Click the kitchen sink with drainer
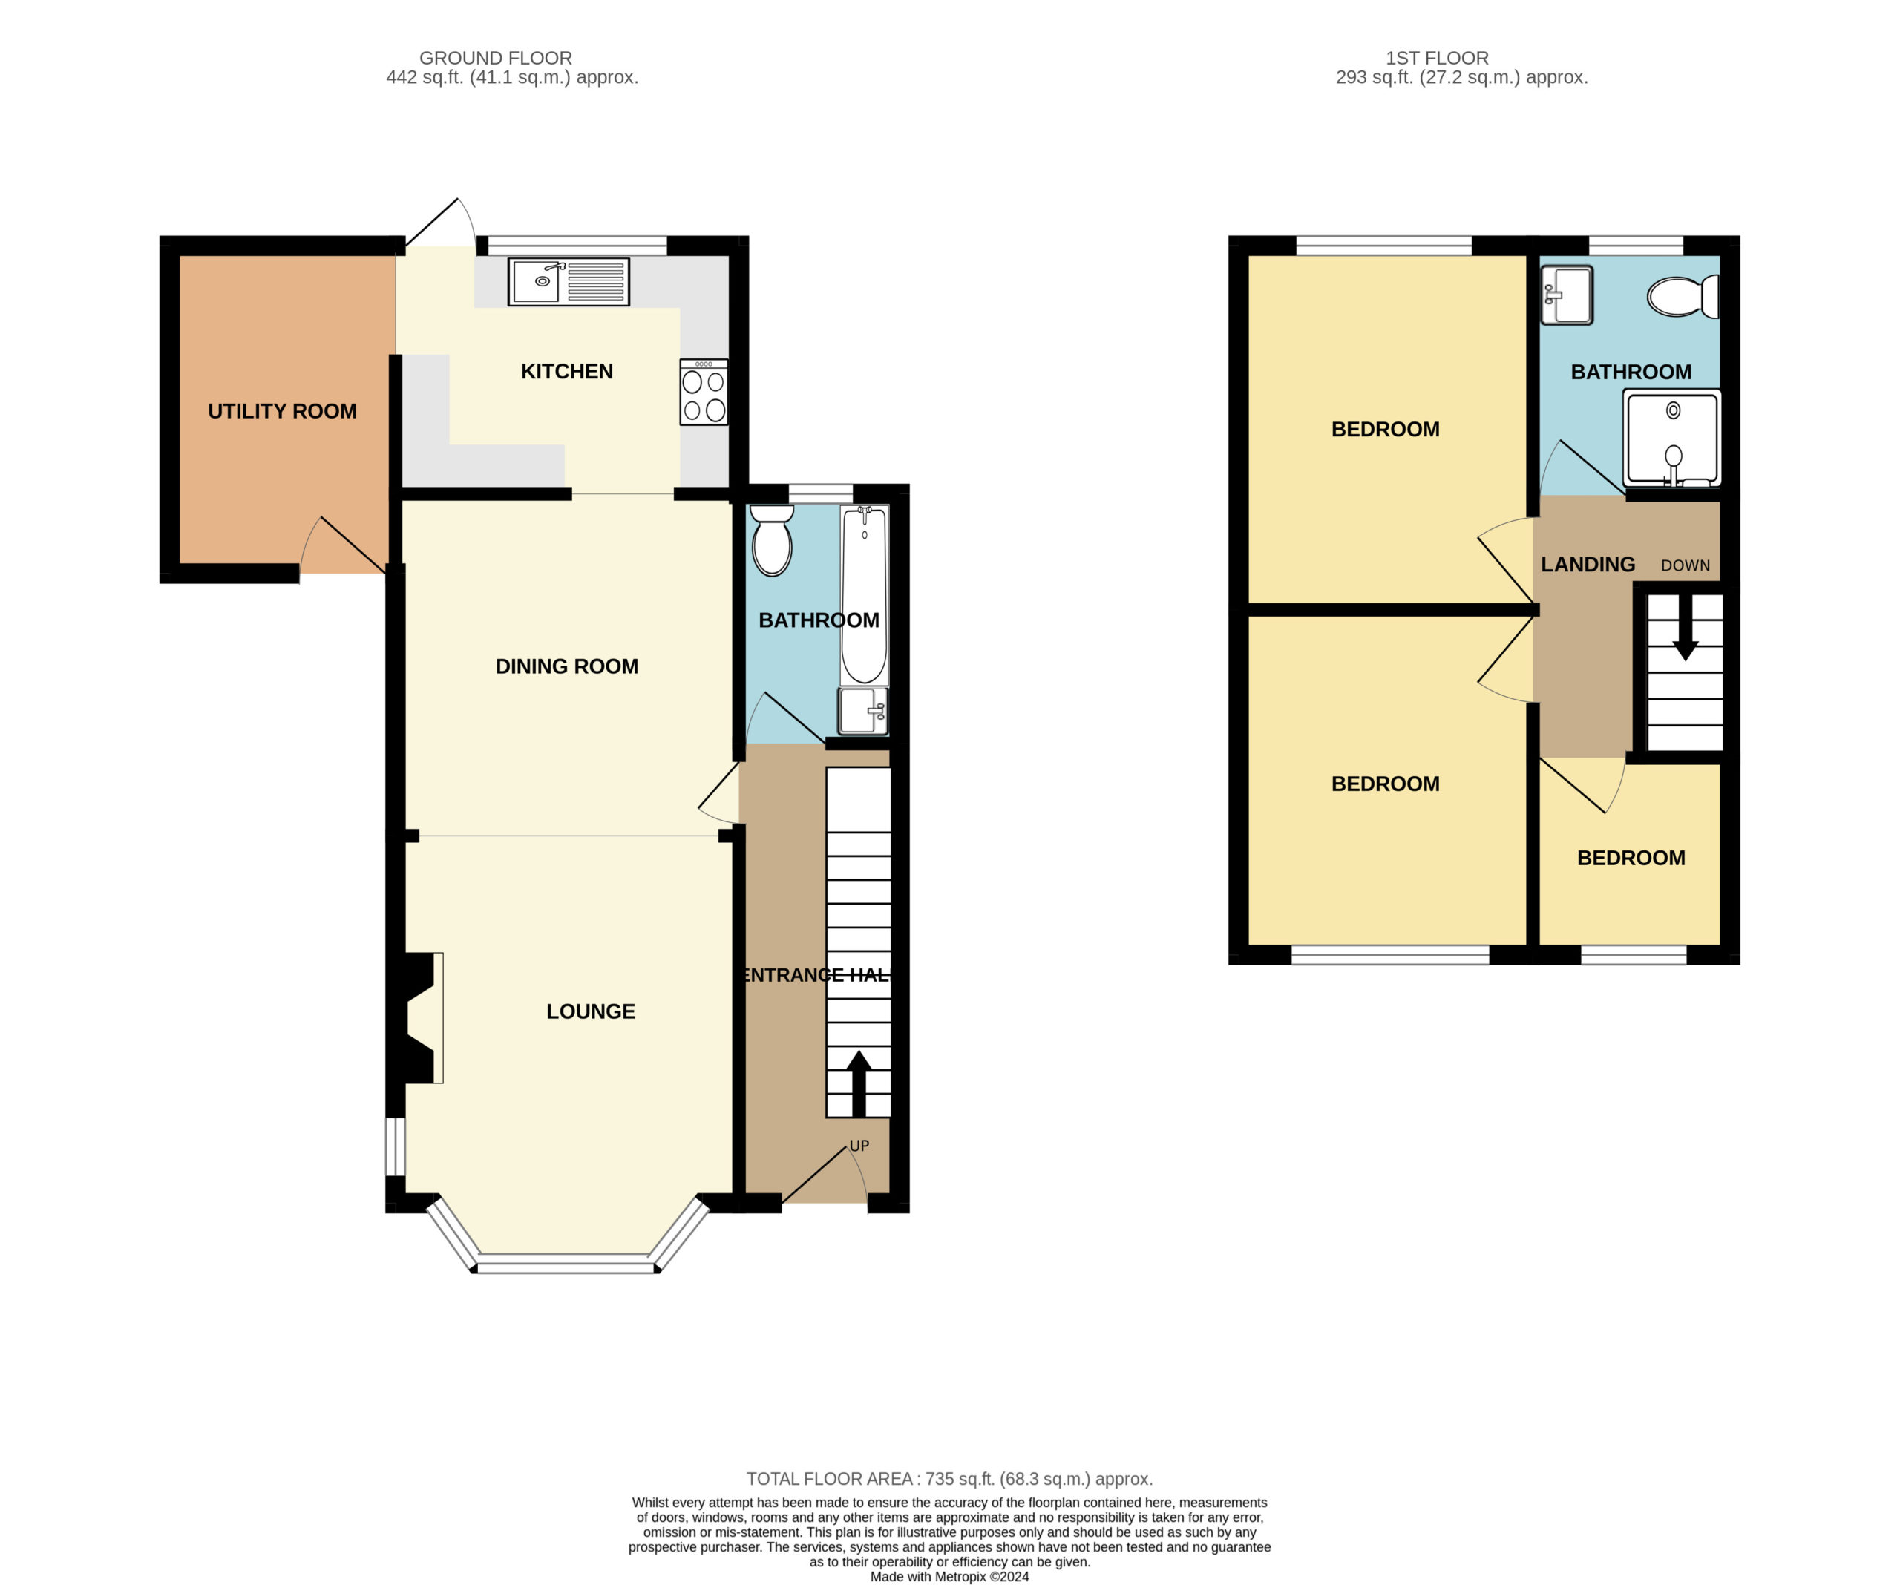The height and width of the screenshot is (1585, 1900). pyautogui.click(x=569, y=281)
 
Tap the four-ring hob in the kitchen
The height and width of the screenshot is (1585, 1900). pyautogui.click(x=704, y=392)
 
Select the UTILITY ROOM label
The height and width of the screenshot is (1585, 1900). pyautogui.click(x=282, y=411)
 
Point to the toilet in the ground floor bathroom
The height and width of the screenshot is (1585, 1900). pyautogui.click(x=772, y=540)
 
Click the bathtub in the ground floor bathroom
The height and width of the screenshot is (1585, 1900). pyautogui.click(x=864, y=594)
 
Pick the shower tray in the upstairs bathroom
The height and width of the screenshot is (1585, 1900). pyautogui.click(x=1672, y=438)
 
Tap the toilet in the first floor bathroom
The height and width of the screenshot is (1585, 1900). pyautogui.click(x=1683, y=297)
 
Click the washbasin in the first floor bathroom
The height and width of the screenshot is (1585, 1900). pyautogui.click(x=1566, y=294)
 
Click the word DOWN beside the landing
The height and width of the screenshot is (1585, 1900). pyautogui.click(x=1686, y=565)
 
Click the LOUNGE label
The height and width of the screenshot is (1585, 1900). pyautogui.click(x=591, y=1011)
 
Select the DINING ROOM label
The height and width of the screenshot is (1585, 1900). pyautogui.click(x=567, y=667)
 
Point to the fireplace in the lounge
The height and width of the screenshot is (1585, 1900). pyautogui.click(x=416, y=1018)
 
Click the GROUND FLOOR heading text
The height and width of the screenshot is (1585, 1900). pyautogui.click(x=496, y=58)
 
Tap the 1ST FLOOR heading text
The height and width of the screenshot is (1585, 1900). pyautogui.click(x=1438, y=58)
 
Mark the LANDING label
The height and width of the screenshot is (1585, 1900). pyautogui.click(x=1588, y=565)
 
